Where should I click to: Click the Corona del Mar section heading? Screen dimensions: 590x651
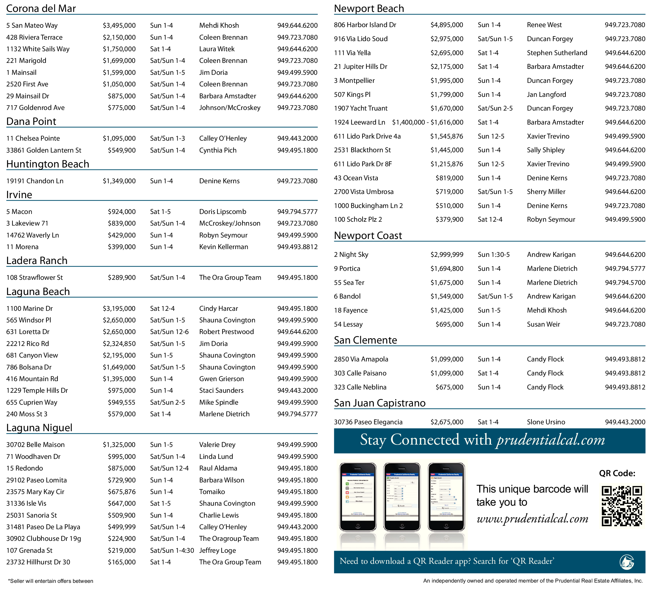(41, 8)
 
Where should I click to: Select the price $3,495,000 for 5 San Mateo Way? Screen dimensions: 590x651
(119, 26)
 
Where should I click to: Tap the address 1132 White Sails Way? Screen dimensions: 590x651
(38, 49)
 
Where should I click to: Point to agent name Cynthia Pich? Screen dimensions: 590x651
(218, 150)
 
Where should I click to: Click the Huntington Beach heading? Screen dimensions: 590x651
(48, 164)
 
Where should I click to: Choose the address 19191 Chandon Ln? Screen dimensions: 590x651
(35, 181)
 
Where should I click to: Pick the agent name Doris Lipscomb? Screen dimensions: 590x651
(223, 212)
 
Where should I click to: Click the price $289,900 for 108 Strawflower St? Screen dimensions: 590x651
(122, 277)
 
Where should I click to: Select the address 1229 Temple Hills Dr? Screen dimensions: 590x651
(37, 390)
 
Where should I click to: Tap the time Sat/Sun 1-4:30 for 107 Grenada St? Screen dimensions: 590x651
(172, 550)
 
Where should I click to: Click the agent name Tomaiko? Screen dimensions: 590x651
(212, 491)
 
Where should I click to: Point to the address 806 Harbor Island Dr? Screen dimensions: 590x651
(365, 25)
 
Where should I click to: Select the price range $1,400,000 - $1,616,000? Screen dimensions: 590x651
(428, 122)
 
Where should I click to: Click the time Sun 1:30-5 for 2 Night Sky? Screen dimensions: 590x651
(493, 254)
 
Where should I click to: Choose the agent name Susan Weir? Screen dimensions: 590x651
(543, 324)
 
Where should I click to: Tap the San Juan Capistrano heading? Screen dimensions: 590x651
(379, 403)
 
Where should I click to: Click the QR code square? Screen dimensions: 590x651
(621, 506)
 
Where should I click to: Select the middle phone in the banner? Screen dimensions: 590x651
(402, 497)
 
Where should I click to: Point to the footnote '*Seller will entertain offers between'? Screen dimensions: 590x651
(51, 581)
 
